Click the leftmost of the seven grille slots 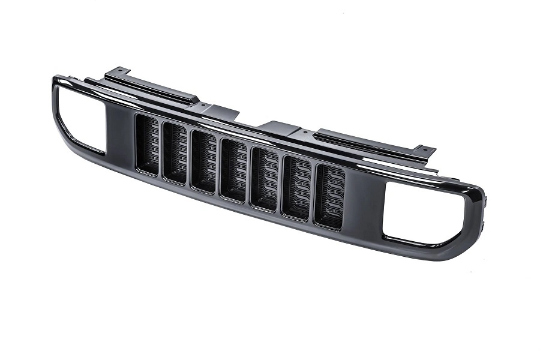pos(147,145)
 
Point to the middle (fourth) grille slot pos(233,170)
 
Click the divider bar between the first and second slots pos(161,149)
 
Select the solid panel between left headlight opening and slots pos(119,135)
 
